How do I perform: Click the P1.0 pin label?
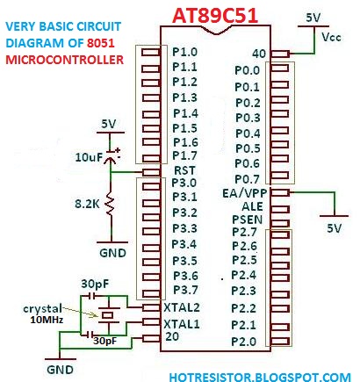pos(185,53)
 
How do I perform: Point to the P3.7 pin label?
pos(185,290)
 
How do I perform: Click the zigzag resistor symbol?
pos(110,205)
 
